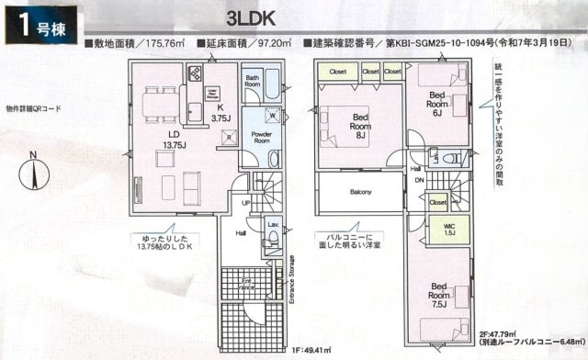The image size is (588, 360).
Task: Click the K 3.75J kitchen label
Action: click(x=220, y=112)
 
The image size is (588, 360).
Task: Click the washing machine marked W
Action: click(x=273, y=115)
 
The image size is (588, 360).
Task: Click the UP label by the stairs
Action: click(x=245, y=203)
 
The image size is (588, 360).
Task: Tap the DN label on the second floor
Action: click(x=419, y=181)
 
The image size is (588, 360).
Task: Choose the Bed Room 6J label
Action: click(x=437, y=107)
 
